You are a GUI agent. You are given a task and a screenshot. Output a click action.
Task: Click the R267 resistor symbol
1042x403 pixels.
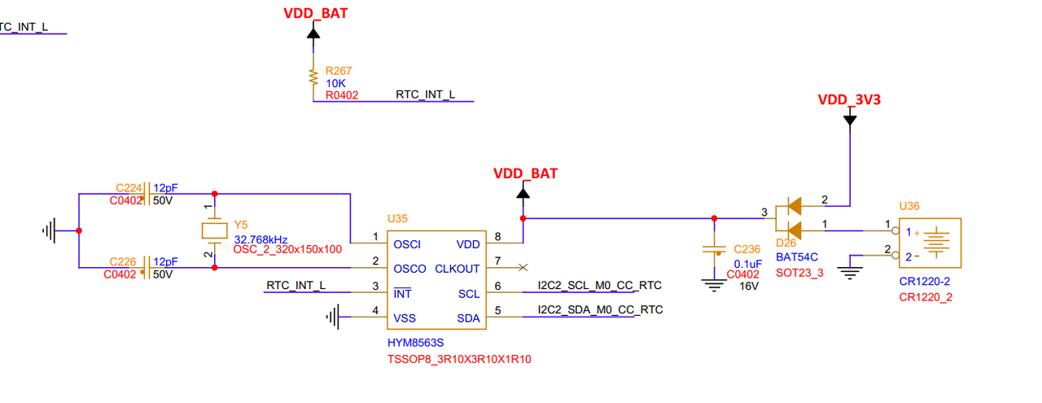313,77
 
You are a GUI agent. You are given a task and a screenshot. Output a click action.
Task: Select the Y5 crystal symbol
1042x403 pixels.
214,231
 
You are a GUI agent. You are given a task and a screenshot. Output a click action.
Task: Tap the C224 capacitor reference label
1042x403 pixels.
129,187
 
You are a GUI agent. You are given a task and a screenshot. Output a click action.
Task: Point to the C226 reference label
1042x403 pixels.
122,261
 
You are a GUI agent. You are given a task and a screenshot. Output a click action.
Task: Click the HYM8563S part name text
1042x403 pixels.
415,343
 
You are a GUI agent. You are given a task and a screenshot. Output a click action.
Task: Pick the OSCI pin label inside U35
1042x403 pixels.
407,245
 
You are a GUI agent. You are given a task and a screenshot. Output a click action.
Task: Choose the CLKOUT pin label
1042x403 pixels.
457,269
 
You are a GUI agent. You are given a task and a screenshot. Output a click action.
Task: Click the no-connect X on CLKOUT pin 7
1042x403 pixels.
523,268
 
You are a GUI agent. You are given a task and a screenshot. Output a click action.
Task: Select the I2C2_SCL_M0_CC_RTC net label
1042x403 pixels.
600,285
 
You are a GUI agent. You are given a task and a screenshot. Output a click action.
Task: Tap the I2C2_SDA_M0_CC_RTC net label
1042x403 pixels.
600,309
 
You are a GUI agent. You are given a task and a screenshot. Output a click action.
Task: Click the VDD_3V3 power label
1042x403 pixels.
849,99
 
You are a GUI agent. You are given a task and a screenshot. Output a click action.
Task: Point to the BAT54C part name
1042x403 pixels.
797,257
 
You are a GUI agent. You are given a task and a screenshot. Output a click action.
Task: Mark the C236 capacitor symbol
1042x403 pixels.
714,251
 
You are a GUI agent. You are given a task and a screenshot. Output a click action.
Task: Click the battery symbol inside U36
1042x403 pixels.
936,242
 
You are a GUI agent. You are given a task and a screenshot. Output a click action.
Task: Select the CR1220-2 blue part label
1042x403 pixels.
924,282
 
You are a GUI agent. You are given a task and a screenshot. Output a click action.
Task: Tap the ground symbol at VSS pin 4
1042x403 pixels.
333,317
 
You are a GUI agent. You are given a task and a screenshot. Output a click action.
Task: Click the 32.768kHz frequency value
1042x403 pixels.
260,239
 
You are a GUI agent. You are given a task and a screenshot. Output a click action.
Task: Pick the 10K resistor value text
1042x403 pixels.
335,83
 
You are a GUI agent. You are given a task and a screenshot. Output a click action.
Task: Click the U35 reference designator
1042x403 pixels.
397,219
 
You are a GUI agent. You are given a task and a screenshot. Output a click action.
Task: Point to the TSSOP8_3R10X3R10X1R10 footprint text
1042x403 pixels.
459,359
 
